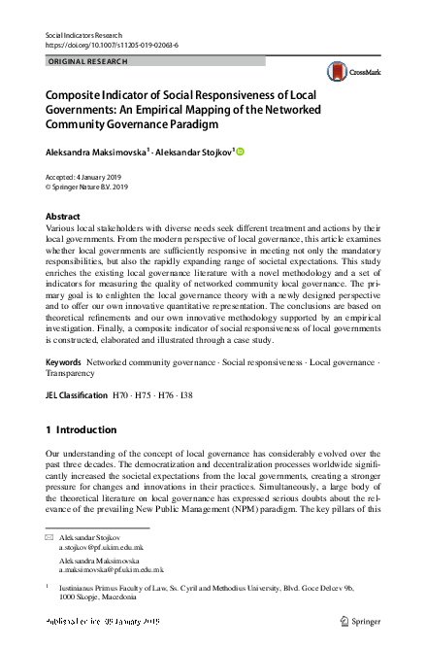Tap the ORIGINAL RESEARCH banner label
87,61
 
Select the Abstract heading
63,217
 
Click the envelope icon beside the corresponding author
49,537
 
